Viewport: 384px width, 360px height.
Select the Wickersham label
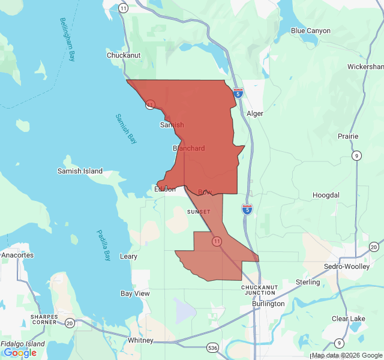[365, 67]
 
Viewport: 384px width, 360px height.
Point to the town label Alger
[255, 113]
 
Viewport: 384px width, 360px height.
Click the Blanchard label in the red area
[188, 148]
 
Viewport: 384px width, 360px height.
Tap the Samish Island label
[80, 171]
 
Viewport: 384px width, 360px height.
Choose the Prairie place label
[347, 136]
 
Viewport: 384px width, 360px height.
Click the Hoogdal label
[326, 196]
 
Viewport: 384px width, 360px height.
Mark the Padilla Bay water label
[104, 246]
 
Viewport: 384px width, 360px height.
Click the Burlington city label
[268, 304]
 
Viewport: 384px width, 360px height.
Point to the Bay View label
[135, 293]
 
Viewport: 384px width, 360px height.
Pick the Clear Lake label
[349, 319]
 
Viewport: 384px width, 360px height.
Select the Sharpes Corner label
[44, 319]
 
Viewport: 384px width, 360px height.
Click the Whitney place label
[140, 340]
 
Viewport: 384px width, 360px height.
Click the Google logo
[20, 353]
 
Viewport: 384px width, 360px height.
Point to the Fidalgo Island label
[22, 344]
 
